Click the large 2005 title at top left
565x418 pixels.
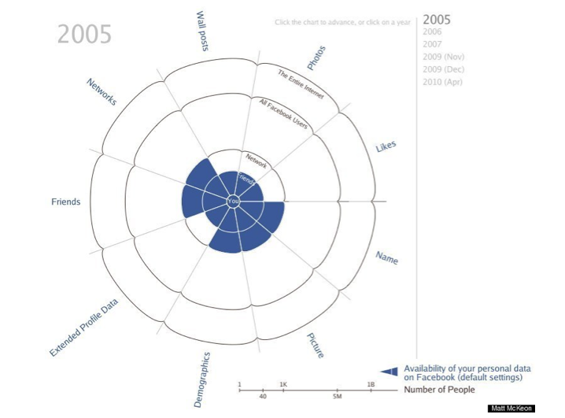(84, 35)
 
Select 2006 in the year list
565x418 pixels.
(432, 32)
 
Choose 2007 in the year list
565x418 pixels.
(432, 45)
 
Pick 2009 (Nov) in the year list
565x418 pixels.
(443, 57)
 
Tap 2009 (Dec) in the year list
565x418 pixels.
(443, 70)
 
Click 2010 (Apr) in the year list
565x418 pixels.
(442, 83)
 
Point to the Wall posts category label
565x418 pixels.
(202, 31)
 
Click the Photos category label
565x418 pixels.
(316, 57)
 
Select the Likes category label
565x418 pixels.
(386, 146)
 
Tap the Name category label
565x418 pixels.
(386, 257)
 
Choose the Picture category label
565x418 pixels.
(315, 345)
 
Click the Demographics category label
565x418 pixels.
(202, 379)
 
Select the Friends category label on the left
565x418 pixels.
(65, 202)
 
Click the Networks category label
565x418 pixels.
(102, 91)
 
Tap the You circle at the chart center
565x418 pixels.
(233, 202)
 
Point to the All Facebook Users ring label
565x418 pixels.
(282, 115)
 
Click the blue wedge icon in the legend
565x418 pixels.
(389, 371)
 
